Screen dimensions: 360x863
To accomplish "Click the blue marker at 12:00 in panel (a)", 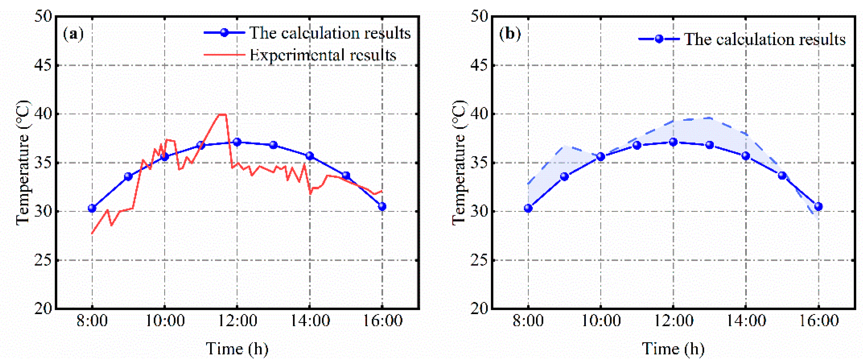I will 237,142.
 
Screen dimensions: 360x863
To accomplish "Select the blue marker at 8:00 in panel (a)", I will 92,208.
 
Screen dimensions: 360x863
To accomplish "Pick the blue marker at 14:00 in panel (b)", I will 746,156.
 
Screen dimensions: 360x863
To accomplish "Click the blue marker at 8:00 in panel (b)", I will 528,208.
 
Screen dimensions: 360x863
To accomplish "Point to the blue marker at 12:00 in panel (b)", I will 673,142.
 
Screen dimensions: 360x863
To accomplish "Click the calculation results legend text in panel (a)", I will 330,33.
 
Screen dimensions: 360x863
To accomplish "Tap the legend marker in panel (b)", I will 659,39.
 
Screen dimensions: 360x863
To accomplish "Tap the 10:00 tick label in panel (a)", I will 164,321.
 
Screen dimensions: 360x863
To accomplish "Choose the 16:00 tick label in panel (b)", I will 819,321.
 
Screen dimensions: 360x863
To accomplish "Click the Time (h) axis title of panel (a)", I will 237,349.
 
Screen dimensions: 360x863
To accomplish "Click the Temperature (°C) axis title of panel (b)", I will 459,163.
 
